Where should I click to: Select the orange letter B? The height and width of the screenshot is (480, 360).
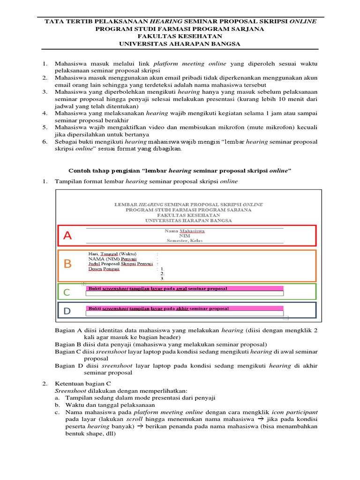pos(68,264)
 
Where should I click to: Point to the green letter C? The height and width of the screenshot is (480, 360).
pos(67,293)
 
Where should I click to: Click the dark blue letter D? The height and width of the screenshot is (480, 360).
pos(67,311)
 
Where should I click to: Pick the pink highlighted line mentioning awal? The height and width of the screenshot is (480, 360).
pos(158,289)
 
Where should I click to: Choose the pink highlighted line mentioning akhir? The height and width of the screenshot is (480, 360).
pos(158,308)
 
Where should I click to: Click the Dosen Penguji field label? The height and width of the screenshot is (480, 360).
pos(104,269)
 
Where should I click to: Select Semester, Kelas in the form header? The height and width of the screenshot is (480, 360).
pos(185,240)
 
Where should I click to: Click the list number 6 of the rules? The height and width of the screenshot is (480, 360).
pos(45,142)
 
